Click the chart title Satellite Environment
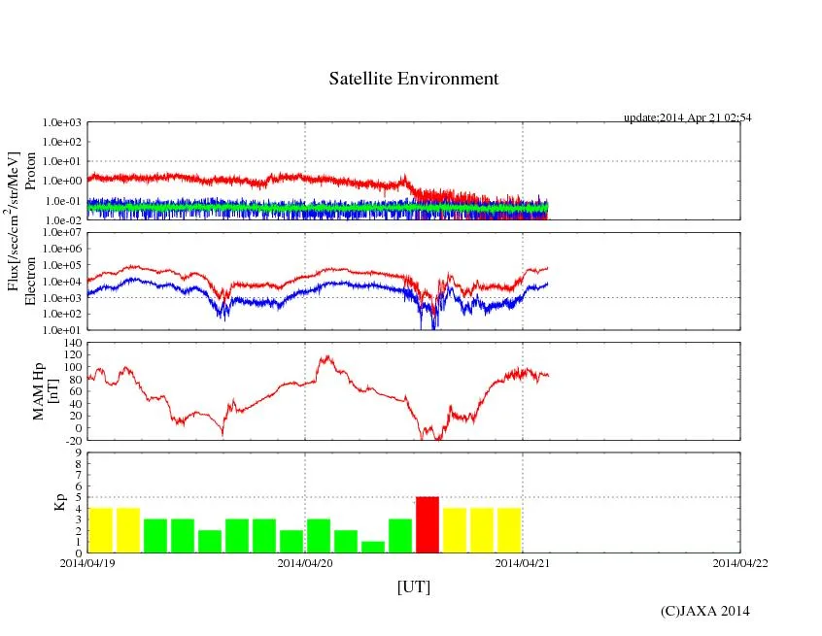tap(413, 79)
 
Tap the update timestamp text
tap(687, 117)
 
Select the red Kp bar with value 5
tap(428, 524)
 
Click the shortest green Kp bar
tap(373, 547)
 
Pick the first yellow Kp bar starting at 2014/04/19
tap(101, 530)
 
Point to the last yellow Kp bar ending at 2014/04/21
tap(509, 530)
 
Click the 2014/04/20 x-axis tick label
tap(305, 562)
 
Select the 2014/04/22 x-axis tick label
tap(740, 562)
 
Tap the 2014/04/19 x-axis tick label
tap(87, 562)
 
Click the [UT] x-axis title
tap(413, 586)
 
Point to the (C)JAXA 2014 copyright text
tap(704, 611)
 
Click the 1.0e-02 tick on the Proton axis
tap(61, 220)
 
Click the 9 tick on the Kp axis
tap(80, 452)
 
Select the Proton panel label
tap(30, 171)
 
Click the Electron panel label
tap(30, 282)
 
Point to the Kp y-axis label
tap(59, 503)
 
